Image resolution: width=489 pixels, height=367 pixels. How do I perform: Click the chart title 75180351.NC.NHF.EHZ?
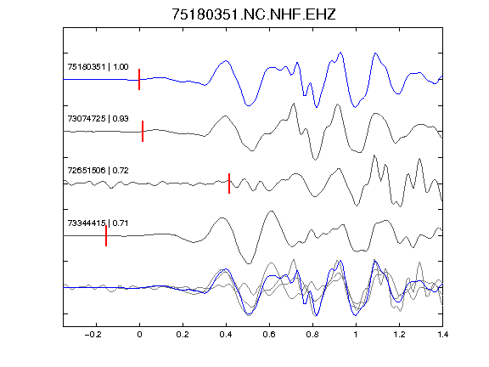pyautogui.click(x=254, y=14)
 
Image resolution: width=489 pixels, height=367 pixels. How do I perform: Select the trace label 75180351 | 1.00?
pyautogui.click(x=98, y=67)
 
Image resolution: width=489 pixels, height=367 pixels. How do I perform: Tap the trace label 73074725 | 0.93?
pyautogui.click(x=98, y=119)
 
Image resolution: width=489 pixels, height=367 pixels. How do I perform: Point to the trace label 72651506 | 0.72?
pyautogui.click(x=98, y=171)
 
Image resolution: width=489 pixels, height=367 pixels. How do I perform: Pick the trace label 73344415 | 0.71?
pyautogui.click(x=98, y=223)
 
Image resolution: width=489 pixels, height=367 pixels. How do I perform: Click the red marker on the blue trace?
pyautogui.click(x=139, y=79)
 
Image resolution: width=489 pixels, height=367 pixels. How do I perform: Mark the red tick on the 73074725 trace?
pyautogui.click(x=143, y=131)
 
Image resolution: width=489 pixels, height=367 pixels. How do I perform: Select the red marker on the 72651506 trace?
pyautogui.click(x=229, y=183)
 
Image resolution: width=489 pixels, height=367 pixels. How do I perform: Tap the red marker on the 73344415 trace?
pyautogui.click(x=106, y=235)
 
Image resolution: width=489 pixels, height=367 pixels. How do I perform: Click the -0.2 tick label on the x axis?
pyautogui.click(x=93, y=335)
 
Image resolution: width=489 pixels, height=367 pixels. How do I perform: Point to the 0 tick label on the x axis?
pyautogui.click(x=139, y=335)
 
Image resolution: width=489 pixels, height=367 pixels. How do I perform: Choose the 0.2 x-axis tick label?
pyautogui.click(x=183, y=335)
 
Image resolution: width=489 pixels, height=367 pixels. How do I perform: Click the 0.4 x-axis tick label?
pyautogui.click(x=226, y=335)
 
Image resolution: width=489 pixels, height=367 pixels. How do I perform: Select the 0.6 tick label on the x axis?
pyautogui.click(x=269, y=335)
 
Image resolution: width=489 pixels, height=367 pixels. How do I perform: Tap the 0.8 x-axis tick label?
pyautogui.click(x=312, y=335)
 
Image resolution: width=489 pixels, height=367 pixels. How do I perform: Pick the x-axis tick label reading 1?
pyautogui.click(x=356, y=335)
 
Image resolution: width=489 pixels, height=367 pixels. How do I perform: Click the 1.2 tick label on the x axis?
pyautogui.click(x=399, y=335)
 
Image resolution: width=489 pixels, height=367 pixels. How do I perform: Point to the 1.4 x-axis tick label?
pyautogui.click(x=442, y=335)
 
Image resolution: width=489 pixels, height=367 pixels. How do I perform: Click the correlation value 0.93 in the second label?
pyautogui.click(x=121, y=119)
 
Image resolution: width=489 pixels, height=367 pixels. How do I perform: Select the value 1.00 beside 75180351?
pyautogui.click(x=121, y=67)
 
